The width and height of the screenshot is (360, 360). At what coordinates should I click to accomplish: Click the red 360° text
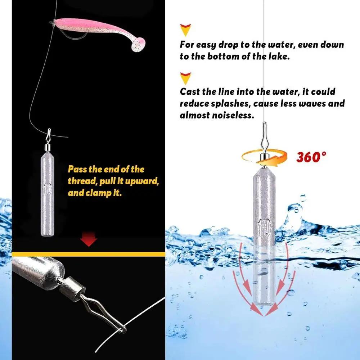(x=311, y=157)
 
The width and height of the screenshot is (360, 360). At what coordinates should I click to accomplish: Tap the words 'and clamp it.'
(x=95, y=193)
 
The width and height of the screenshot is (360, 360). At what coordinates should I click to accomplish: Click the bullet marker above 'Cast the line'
(x=185, y=77)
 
